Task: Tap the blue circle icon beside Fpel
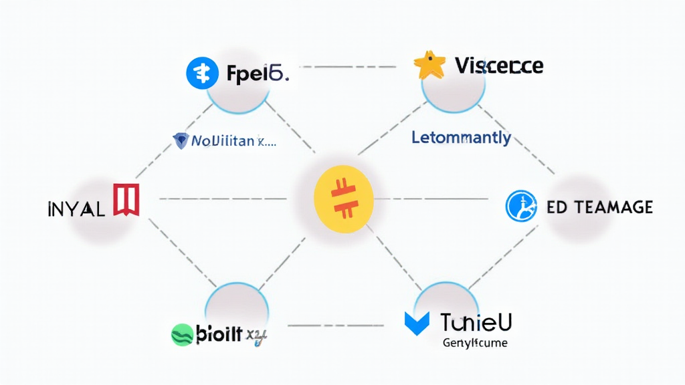click(203, 74)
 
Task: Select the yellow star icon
click(429, 66)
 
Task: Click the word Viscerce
click(498, 66)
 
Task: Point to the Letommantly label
click(460, 138)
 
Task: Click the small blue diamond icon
click(181, 140)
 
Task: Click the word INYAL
click(76, 209)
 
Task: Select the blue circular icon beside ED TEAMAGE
click(522, 206)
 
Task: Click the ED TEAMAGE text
click(599, 207)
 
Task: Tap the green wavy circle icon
click(182, 334)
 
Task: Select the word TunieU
click(476, 323)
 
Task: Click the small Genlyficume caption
click(476, 344)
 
